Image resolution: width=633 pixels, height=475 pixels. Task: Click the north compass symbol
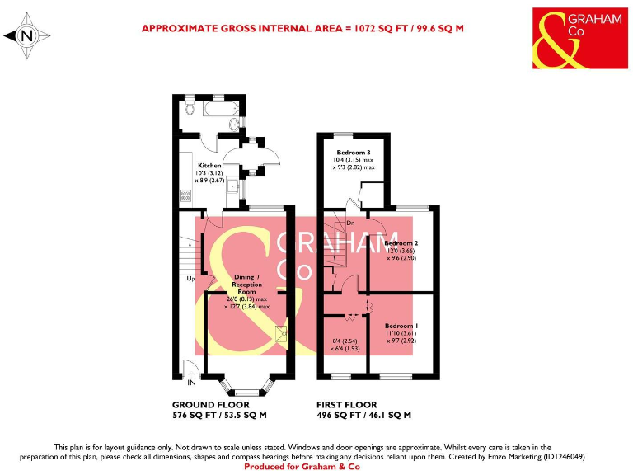(27, 35)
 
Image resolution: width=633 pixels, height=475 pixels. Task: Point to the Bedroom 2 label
(401, 244)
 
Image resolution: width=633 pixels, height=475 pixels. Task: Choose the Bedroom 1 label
(401, 326)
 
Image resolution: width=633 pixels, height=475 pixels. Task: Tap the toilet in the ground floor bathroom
(190, 109)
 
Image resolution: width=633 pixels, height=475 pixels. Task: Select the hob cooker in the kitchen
(185, 195)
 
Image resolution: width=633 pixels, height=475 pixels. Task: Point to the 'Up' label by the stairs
(190, 278)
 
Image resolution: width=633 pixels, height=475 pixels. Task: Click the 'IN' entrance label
(192, 383)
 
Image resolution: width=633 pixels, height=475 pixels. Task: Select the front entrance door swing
(188, 369)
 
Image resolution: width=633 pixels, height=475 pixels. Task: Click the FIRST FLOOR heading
(347, 405)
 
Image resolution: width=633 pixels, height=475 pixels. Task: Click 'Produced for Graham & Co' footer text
(316, 467)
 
